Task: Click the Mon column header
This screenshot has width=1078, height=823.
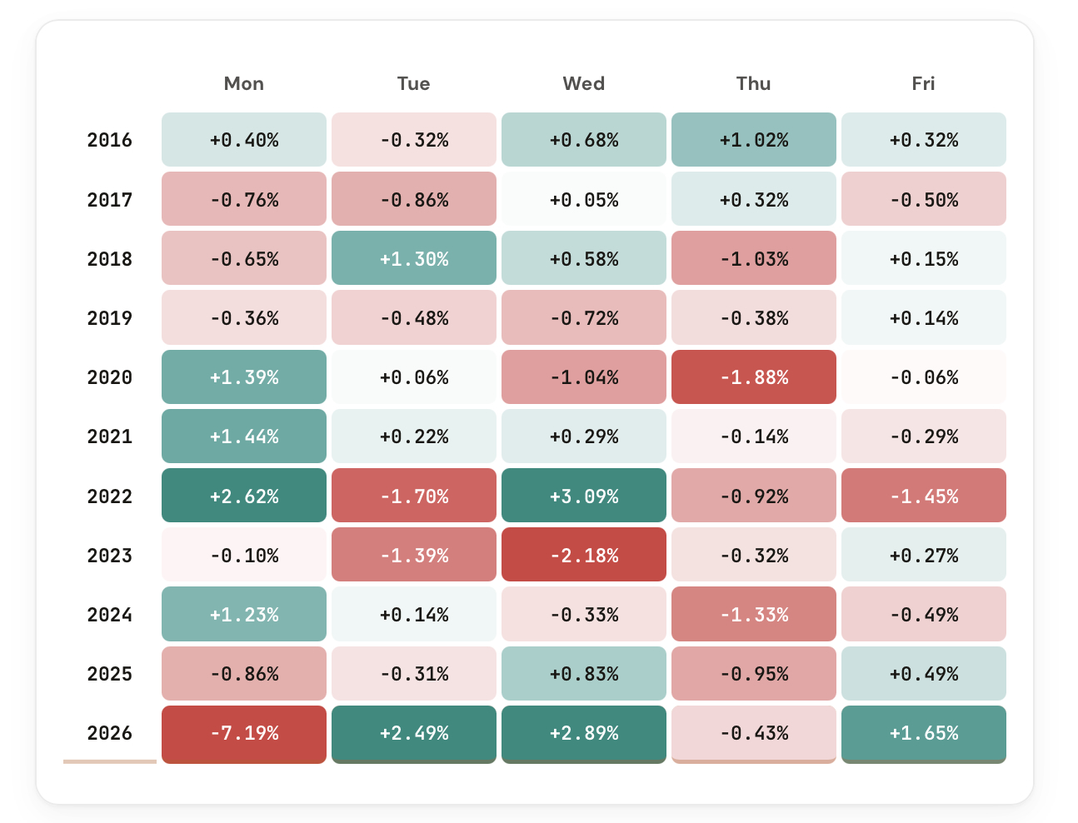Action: pos(244,83)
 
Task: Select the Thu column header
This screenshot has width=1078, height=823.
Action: pos(753,83)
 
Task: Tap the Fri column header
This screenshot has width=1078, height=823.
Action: pos(923,83)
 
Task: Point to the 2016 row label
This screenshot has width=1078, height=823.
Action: pos(110,140)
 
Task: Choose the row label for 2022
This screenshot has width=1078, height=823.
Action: pos(110,496)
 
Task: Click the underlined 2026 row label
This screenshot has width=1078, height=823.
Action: pos(110,733)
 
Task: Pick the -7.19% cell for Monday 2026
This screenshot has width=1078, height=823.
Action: pos(244,733)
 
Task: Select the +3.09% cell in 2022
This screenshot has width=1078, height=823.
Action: pos(584,496)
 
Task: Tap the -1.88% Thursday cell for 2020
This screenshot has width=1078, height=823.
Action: pos(753,377)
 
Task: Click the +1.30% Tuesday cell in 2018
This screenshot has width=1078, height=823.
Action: pos(414,259)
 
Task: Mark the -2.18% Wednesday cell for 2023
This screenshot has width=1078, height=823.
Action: pos(584,556)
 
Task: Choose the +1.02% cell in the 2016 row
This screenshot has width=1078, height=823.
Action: pos(753,140)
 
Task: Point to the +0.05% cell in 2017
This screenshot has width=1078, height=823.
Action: pos(584,200)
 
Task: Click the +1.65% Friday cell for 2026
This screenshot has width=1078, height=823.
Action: pos(923,733)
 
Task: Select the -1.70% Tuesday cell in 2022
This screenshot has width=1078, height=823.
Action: pos(414,496)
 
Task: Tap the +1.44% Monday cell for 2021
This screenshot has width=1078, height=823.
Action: pos(244,436)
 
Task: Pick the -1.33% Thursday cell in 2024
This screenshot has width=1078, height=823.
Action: pos(753,615)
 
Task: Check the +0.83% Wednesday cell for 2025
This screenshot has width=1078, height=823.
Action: pos(584,674)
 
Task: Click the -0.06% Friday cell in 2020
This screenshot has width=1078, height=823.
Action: pos(923,377)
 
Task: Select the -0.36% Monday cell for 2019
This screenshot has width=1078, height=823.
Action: pos(244,318)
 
